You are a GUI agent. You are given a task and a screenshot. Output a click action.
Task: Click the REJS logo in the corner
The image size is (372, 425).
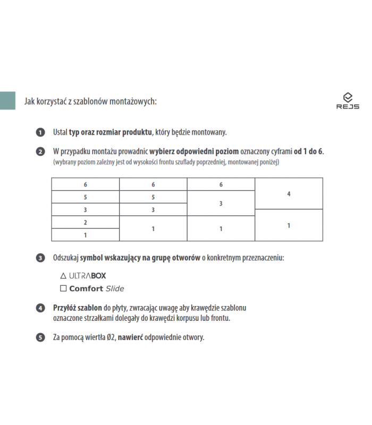(x=348, y=100)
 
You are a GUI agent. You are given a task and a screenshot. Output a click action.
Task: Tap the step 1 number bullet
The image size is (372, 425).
(x=40, y=132)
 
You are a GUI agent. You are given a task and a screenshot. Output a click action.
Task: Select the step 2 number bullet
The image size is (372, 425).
(x=40, y=152)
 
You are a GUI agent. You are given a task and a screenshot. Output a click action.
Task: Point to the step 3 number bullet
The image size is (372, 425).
(x=40, y=259)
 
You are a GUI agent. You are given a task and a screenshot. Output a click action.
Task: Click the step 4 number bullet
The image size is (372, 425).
(x=40, y=308)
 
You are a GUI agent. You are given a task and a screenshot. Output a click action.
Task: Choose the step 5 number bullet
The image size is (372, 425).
(x=40, y=337)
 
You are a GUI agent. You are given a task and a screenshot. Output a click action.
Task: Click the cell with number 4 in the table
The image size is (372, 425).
(x=289, y=194)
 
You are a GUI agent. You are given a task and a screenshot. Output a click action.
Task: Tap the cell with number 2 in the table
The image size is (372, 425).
(x=85, y=222)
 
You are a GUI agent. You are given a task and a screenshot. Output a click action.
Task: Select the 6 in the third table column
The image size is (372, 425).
(x=221, y=184)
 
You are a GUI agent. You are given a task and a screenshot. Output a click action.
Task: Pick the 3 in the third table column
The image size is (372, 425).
(x=221, y=203)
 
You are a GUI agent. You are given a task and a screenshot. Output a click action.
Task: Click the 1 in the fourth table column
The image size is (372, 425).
(x=289, y=226)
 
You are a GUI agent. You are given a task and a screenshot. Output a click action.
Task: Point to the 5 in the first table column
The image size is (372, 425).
(x=85, y=197)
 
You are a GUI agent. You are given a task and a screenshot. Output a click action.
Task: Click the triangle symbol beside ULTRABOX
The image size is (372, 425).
(x=63, y=276)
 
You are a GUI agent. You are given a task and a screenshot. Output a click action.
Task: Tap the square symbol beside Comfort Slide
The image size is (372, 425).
(x=63, y=288)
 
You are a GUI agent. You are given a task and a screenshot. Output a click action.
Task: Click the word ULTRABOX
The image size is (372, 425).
(x=88, y=276)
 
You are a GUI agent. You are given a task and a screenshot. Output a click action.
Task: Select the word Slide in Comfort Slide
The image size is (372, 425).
(x=115, y=288)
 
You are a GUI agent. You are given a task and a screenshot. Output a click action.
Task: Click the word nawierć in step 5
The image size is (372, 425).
(x=133, y=337)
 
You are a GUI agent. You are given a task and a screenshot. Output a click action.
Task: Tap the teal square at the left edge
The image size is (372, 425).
(x=7, y=101)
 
